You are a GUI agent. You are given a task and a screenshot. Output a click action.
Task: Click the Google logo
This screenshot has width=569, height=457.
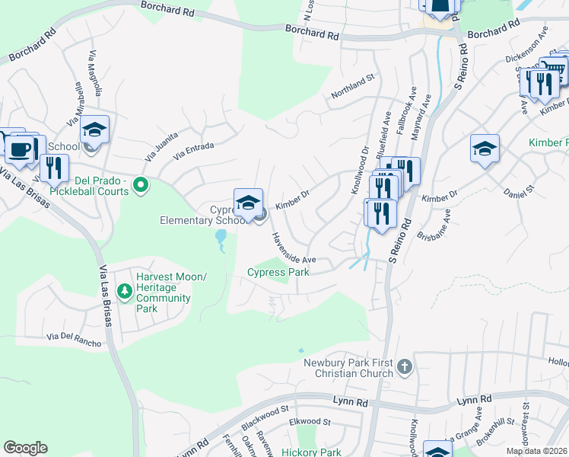click(26, 448)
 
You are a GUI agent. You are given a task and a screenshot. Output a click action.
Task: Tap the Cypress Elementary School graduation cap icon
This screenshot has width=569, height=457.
click(248, 203)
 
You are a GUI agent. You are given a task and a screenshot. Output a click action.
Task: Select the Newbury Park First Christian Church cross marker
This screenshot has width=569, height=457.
click(404, 367)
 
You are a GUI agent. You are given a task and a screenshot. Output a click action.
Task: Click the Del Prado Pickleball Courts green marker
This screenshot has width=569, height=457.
click(140, 184)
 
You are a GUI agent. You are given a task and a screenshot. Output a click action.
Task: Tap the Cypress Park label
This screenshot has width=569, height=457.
click(277, 272)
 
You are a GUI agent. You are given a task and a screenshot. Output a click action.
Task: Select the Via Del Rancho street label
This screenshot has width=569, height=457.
click(74, 339)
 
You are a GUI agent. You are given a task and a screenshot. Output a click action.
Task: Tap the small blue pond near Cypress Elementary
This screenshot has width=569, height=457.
click(221, 241)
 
